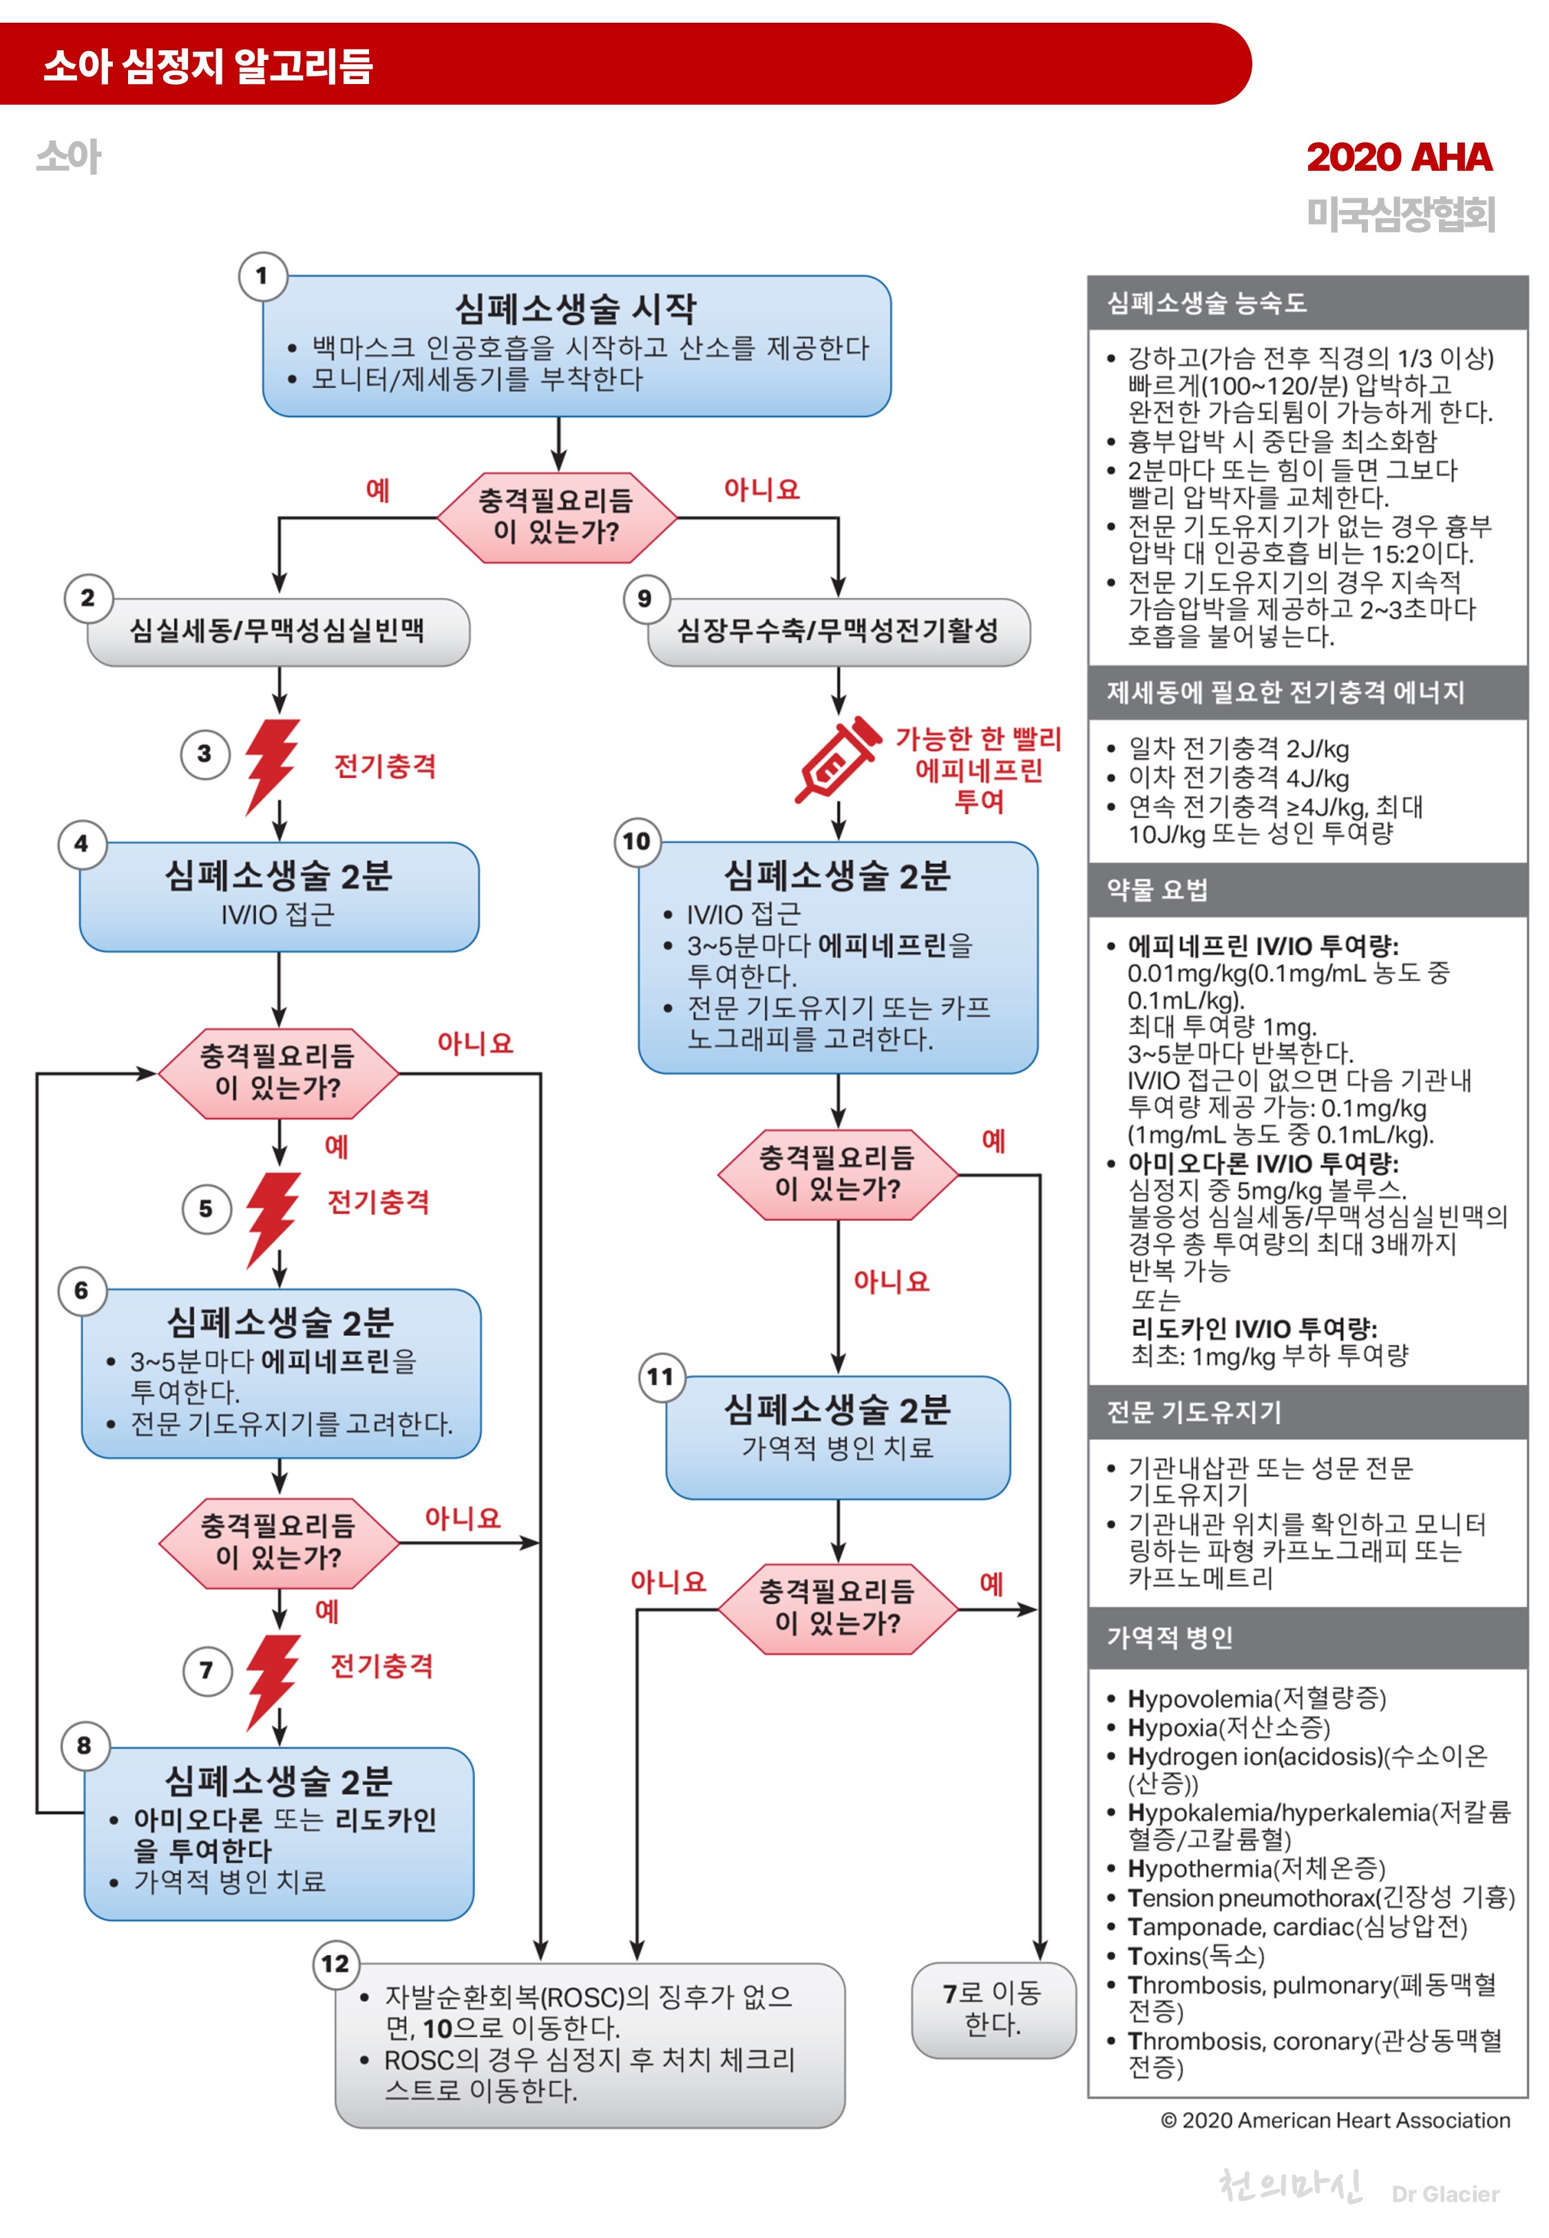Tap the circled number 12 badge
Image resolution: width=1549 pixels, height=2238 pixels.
tap(335, 1963)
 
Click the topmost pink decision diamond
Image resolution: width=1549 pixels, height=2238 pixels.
tap(556, 516)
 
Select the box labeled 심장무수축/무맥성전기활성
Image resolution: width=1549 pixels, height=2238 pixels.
tap(838, 631)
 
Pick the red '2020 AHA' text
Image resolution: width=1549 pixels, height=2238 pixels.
tap(1398, 157)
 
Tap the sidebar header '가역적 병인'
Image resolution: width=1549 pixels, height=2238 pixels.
tap(1170, 1638)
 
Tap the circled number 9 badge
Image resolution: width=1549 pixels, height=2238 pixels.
tap(644, 599)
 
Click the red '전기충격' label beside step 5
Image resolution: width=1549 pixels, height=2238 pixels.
tap(379, 1202)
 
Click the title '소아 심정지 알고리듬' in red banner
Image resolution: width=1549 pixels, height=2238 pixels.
tap(208, 66)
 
